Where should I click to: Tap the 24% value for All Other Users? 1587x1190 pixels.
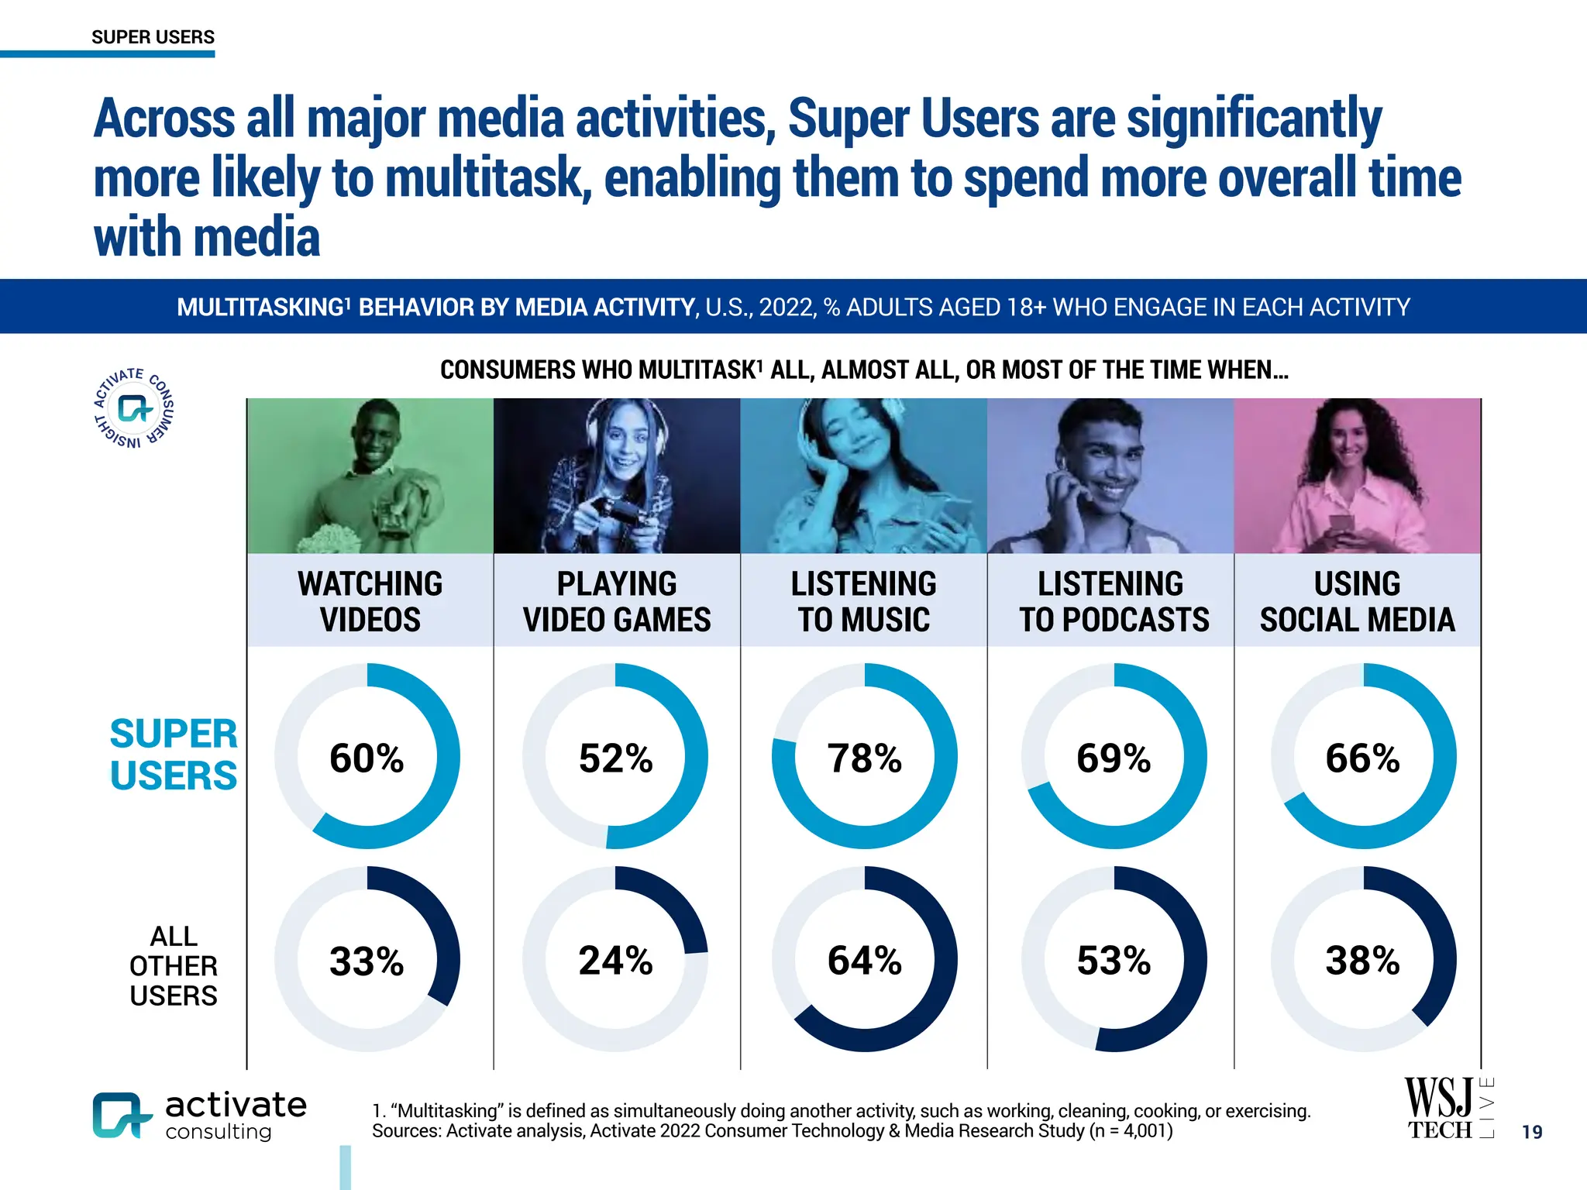click(x=615, y=961)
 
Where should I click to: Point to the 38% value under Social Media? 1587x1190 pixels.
click(x=1362, y=961)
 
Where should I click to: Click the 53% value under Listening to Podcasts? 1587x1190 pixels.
click(x=1114, y=961)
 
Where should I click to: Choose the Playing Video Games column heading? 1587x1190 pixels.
click(x=617, y=601)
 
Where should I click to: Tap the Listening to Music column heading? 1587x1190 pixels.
click(x=863, y=601)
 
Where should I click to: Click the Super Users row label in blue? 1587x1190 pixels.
click(x=174, y=755)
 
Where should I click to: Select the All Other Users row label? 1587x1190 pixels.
click(x=174, y=965)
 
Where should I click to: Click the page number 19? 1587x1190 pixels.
click(x=1531, y=1132)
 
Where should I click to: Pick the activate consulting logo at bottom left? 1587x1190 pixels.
click(x=200, y=1116)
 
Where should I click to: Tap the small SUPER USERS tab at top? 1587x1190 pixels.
click(x=153, y=37)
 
